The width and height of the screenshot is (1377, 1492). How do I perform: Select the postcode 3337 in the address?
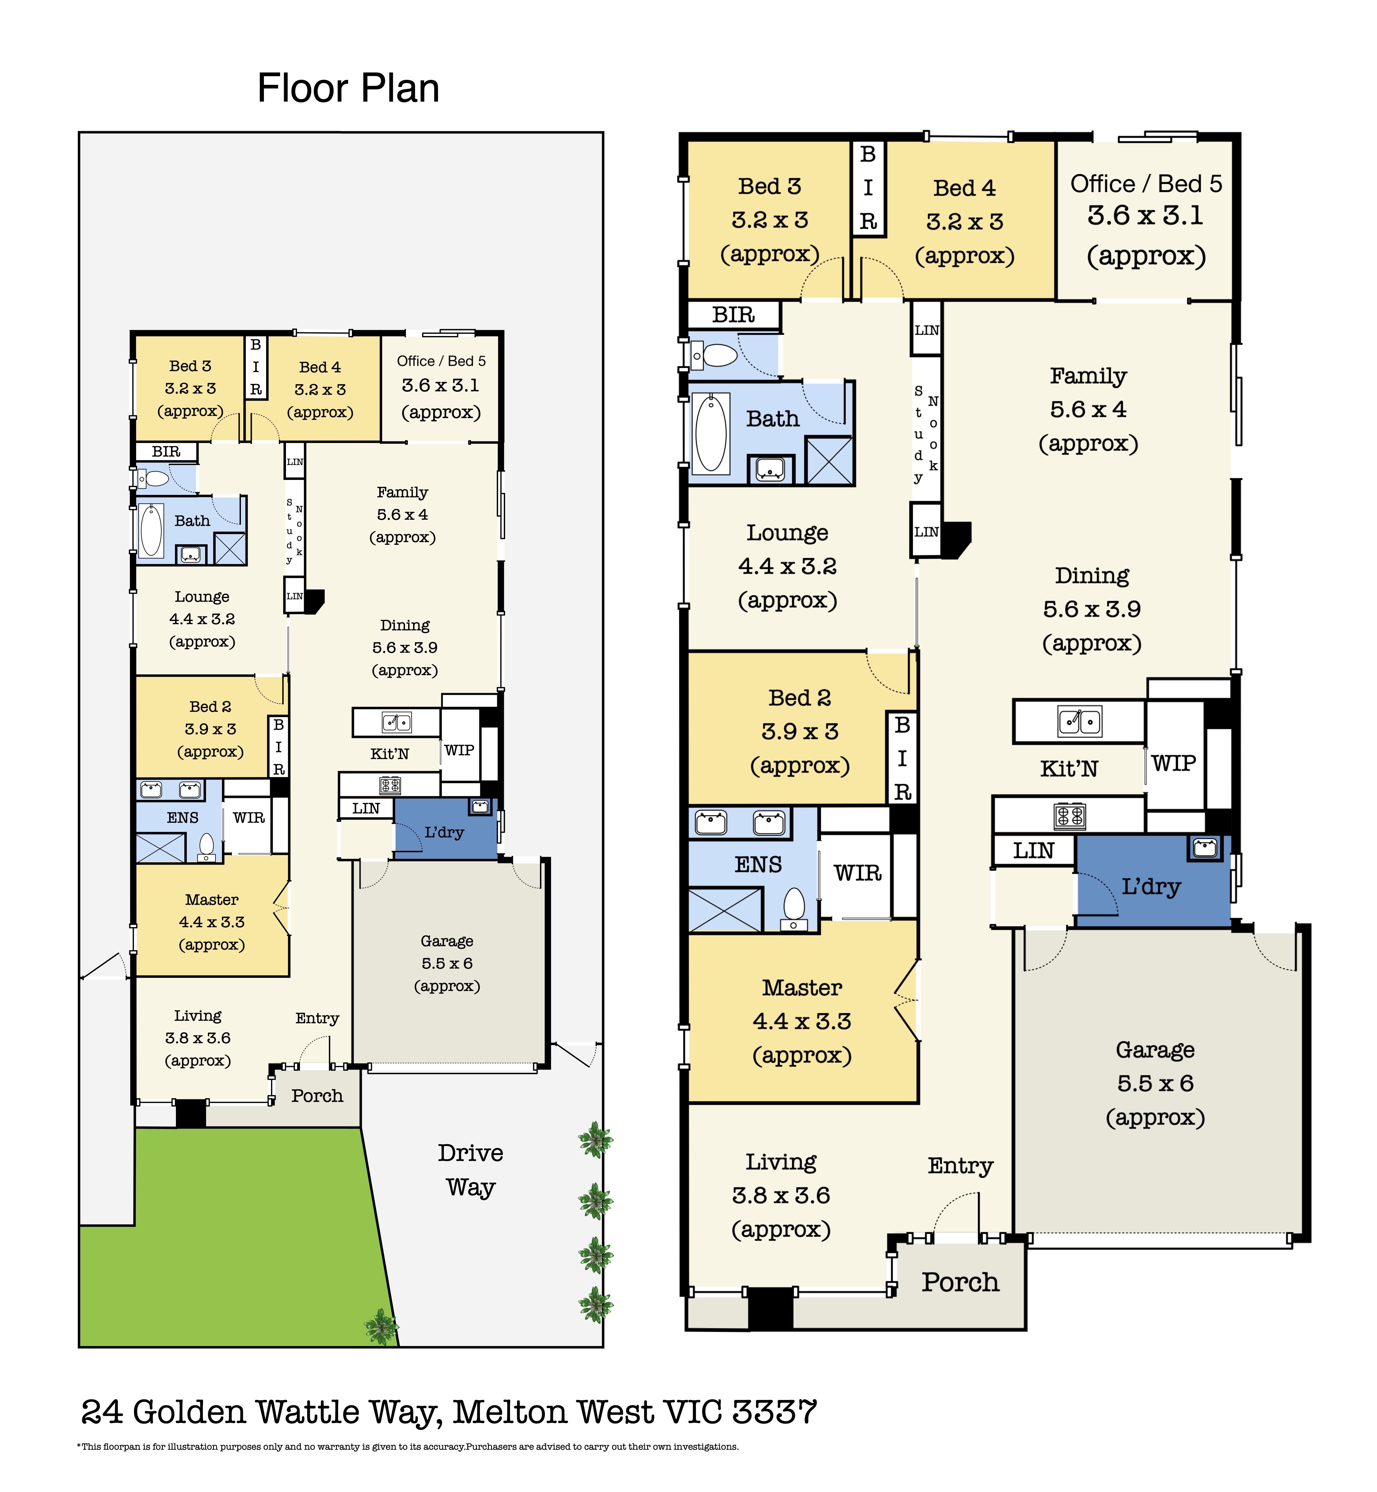coord(775,1411)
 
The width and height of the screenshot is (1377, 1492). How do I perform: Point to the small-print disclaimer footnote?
coord(408,1447)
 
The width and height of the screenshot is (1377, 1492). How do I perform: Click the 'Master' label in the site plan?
coord(212,900)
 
